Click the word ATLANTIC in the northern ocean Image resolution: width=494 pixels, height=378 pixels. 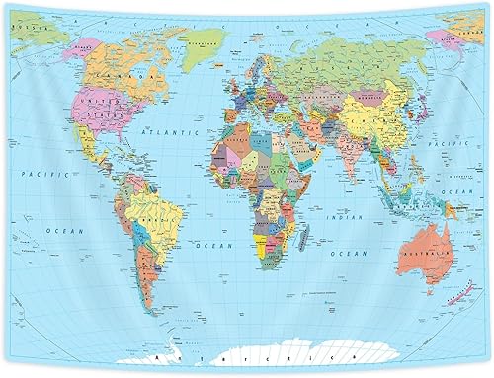164,130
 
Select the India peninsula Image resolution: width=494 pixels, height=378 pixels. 345,163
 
